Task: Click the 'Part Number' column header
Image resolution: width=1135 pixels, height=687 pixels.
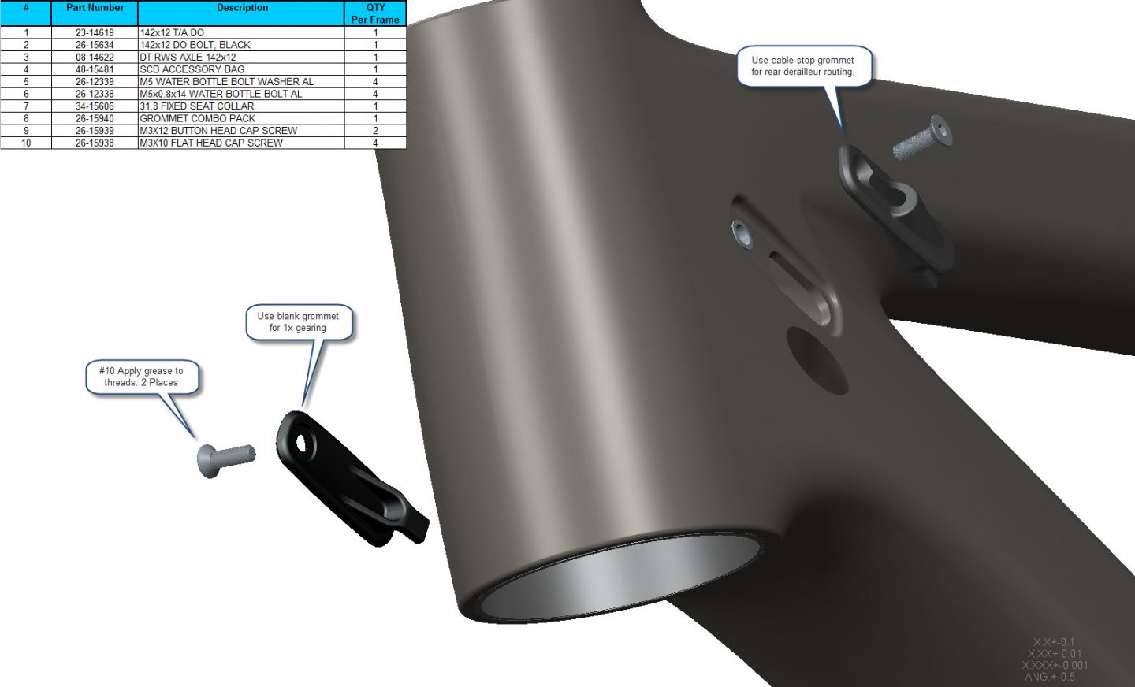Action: (x=95, y=8)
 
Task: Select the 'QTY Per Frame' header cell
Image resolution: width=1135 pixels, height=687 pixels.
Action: (x=375, y=13)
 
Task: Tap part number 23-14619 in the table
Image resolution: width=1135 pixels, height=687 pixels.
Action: (x=95, y=32)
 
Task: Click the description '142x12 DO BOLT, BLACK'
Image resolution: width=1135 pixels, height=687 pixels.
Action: (x=195, y=45)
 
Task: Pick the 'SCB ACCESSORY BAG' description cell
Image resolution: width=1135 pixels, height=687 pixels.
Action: (x=192, y=69)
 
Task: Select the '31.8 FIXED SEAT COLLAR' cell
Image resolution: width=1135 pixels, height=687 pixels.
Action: (x=196, y=106)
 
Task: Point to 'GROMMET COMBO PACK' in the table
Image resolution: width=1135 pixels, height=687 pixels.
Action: (x=198, y=118)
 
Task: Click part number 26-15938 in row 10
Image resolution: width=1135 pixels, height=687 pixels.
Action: (x=95, y=143)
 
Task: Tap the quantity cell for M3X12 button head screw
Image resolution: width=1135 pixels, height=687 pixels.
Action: (x=375, y=131)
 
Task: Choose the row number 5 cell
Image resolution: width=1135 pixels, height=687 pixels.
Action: (x=26, y=82)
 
